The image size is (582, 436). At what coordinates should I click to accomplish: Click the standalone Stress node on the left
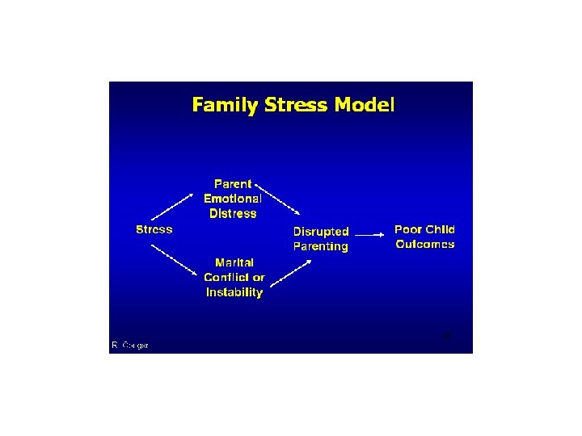click(x=154, y=229)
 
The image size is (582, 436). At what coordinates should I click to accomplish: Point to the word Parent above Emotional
click(x=233, y=184)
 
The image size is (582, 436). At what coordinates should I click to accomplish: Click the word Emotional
click(x=233, y=199)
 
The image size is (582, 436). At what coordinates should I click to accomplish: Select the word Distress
click(x=233, y=214)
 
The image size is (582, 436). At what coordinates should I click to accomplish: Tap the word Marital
click(x=234, y=262)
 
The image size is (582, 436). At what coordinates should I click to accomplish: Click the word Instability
click(x=234, y=292)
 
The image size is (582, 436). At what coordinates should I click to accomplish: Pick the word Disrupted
click(x=321, y=231)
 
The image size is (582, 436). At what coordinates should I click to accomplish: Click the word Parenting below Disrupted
click(x=321, y=246)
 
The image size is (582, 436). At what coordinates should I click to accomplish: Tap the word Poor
click(x=408, y=229)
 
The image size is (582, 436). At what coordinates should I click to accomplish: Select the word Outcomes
click(x=425, y=245)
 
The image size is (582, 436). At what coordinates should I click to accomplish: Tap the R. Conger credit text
click(x=130, y=346)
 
